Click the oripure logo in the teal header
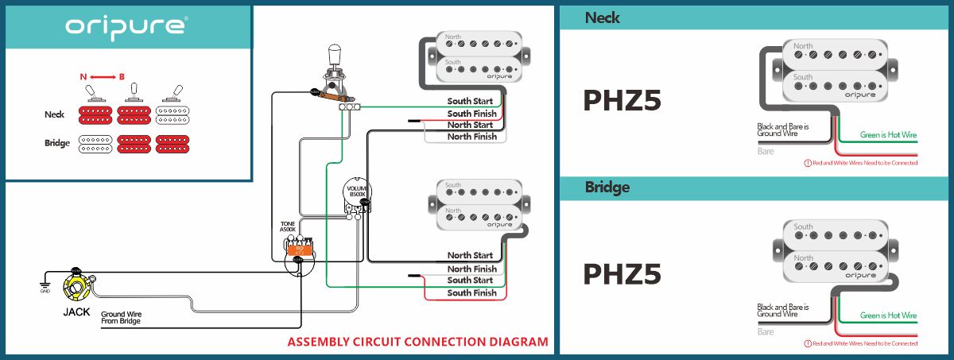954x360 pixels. (x=126, y=25)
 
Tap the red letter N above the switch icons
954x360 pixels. (x=83, y=76)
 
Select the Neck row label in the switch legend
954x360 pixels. (x=54, y=114)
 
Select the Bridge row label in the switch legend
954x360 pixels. (x=56, y=144)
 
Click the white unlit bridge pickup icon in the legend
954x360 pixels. (x=96, y=144)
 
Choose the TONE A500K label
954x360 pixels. (x=287, y=226)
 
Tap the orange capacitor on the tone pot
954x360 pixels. (x=301, y=249)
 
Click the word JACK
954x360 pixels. (x=77, y=312)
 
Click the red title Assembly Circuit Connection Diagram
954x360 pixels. (x=417, y=343)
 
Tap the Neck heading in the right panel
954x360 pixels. (x=603, y=17)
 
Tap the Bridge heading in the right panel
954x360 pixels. (x=607, y=188)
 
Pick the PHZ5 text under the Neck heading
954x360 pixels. (x=622, y=100)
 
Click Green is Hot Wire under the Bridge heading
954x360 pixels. (x=888, y=315)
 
